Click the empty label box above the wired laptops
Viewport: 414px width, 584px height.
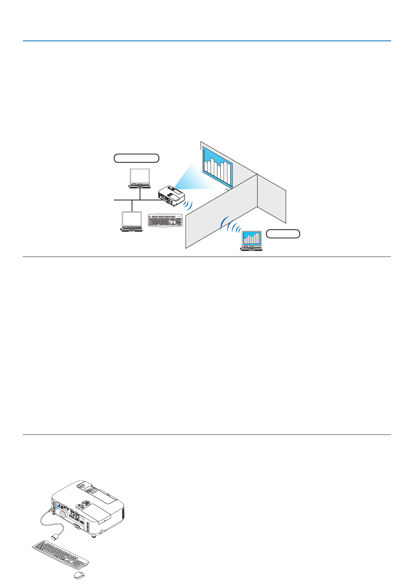coord(136,158)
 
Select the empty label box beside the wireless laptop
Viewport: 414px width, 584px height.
coord(283,234)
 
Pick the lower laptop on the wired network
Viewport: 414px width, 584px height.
coord(132,222)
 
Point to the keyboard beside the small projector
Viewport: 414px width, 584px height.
coord(165,220)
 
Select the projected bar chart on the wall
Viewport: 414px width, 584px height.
coord(217,166)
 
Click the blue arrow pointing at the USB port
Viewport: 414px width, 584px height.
coord(57,507)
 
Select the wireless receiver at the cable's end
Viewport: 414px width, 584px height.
coord(55,536)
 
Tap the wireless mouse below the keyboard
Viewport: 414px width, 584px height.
coord(79,575)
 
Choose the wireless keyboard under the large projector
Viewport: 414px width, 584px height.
coord(60,554)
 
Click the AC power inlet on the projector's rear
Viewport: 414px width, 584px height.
coord(77,525)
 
